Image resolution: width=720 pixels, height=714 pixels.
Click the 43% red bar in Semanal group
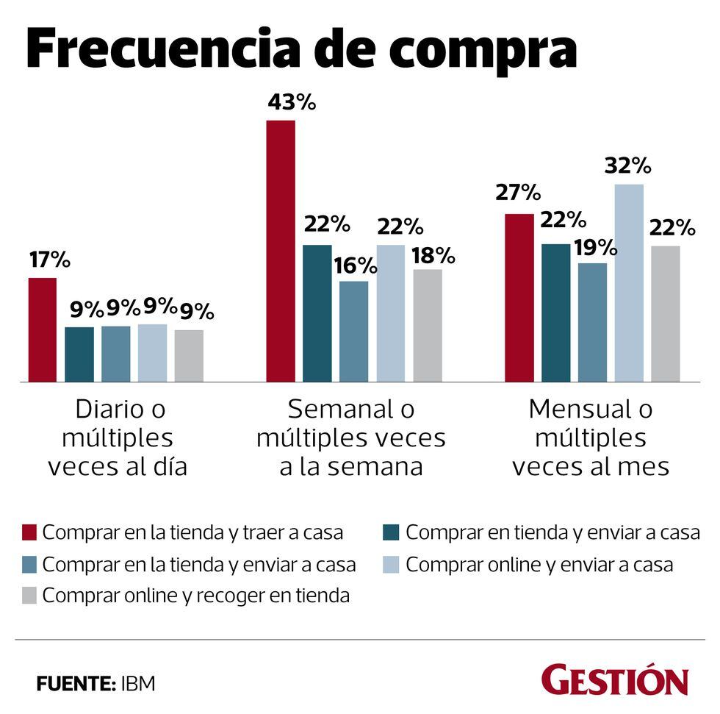(281, 251)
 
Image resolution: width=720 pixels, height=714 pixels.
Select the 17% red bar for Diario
(42, 330)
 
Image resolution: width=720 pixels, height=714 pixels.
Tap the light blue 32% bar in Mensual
(629, 283)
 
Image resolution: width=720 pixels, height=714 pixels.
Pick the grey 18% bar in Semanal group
(428, 326)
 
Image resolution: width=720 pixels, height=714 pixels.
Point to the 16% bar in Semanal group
(354, 332)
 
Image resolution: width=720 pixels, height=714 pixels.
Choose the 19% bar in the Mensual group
(592, 323)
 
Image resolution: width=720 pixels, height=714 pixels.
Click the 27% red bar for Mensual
(519, 298)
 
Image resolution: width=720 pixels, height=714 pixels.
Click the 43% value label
(292, 102)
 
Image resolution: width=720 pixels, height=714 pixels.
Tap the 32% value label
(628, 165)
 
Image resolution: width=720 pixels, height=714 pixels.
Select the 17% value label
(49, 260)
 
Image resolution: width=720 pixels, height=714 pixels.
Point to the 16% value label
(356, 265)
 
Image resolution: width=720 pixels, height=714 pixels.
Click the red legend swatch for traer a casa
(29, 532)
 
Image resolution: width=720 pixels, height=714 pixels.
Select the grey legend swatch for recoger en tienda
(29, 596)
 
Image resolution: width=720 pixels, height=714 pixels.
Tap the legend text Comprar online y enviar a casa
(539, 565)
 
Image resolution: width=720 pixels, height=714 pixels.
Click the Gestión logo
(615, 680)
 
